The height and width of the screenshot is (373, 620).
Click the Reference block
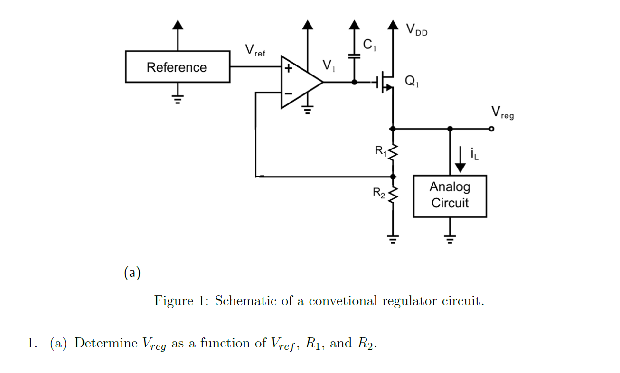tap(178, 67)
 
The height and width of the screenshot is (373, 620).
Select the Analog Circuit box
tap(450, 196)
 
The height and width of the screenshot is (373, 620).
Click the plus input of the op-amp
tap(288, 68)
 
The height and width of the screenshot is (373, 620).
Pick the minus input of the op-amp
tap(288, 93)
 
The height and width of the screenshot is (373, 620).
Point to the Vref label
tap(254, 50)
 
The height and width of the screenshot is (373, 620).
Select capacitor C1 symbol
tap(354, 56)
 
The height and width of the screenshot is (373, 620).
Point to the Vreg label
tap(502, 112)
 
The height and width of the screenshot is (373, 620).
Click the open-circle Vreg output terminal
tap(491, 129)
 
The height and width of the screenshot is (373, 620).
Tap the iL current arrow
tap(460, 160)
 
